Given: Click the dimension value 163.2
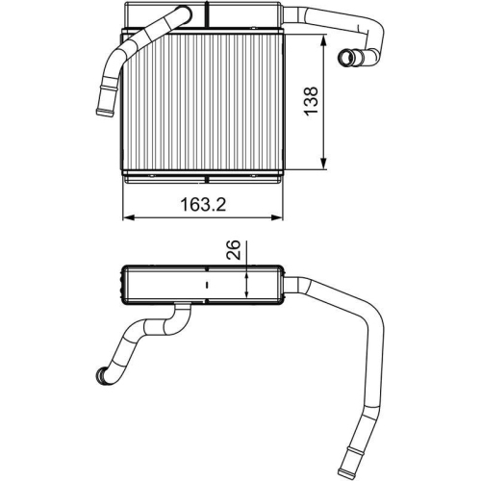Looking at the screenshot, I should [205, 204].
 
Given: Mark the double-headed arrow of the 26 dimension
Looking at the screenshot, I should [248, 284].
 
